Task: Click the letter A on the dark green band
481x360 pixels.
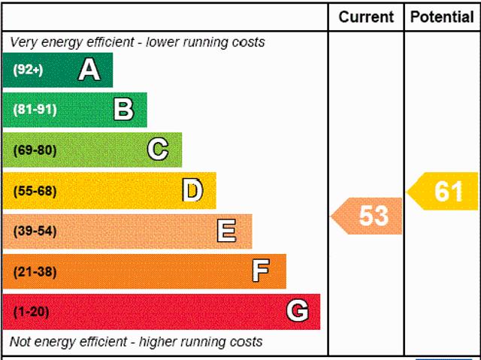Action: (89, 70)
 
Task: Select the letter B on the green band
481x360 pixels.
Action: (123, 110)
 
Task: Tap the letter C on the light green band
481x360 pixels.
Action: (158, 150)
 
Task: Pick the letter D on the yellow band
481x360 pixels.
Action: (192, 190)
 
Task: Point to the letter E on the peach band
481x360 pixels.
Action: (226, 231)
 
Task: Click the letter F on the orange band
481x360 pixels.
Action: (261, 271)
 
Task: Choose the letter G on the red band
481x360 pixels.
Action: (298, 311)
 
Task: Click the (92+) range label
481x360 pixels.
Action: (29, 71)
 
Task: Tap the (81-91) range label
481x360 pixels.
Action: (35, 110)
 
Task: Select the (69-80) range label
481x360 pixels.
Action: (35, 150)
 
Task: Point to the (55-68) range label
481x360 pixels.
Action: (35, 191)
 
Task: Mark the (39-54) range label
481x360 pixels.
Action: (35, 231)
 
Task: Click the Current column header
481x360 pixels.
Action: (366, 17)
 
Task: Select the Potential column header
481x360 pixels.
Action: (442, 17)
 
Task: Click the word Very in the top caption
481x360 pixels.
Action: (23, 42)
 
